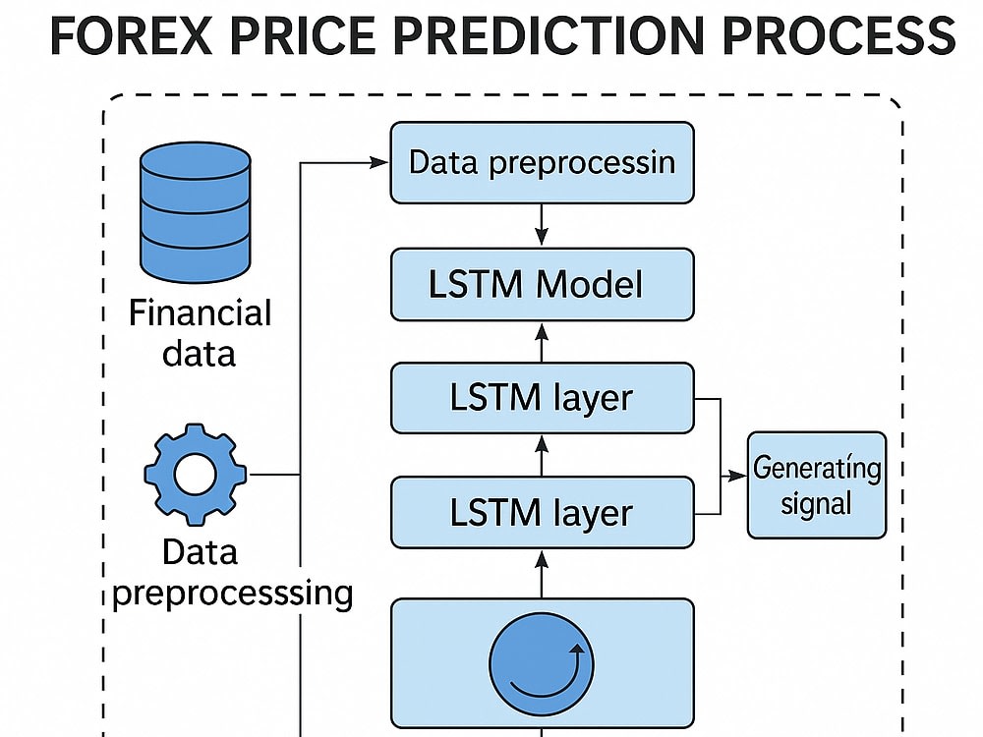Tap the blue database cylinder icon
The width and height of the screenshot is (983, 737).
tap(196, 212)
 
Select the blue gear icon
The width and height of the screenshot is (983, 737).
tap(195, 475)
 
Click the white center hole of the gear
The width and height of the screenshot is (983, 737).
tap(195, 475)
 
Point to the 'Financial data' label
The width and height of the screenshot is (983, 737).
tap(200, 333)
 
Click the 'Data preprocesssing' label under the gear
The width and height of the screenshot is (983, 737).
tap(232, 572)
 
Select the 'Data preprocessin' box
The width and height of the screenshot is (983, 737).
tap(543, 162)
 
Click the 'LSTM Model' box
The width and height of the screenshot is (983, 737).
tap(543, 285)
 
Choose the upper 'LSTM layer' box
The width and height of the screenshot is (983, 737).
tap(543, 398)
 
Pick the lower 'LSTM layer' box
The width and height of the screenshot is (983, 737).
tap(543, 513)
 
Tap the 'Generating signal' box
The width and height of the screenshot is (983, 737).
tap(817, 485)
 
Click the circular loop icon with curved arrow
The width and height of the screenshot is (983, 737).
tap(541, 663)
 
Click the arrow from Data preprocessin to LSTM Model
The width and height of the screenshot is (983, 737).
tap(542, 224)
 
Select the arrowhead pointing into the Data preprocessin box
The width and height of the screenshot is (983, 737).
tap(379, 163)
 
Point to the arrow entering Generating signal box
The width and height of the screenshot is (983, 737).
tap(733, 477)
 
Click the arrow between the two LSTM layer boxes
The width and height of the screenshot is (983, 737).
tap(542, 456)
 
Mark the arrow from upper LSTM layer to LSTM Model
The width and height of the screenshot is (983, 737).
tap(542, 342)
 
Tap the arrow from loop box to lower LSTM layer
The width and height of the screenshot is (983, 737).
tap(542, 574)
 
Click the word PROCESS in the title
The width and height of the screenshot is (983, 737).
tap(838, 35)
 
